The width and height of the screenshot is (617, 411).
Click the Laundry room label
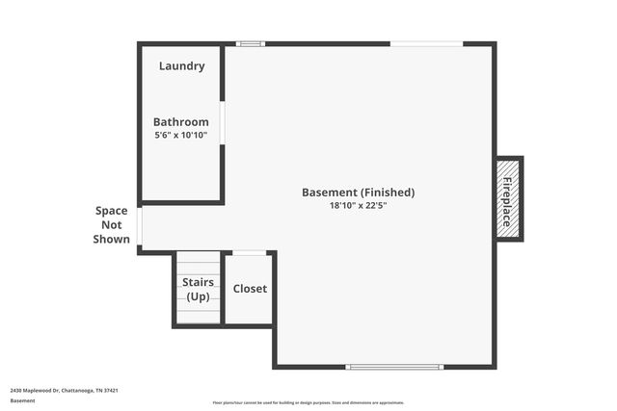pyautogui.click(x=181, y=66)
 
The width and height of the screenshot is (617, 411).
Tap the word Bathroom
pyautogui.click(x=181, y=122)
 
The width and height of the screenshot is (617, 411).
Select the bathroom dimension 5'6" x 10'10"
pyautogui.click(x=181, y=136)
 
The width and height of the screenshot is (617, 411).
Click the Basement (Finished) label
pyautogui.click(x=359, y=193)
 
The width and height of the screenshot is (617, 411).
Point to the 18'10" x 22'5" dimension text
pyautogui.click(x=359, y=206)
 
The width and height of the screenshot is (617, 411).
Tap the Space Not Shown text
pyautogui.click(x=112, y=224)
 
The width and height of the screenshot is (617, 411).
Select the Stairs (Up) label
pyautogui.click(x=198, y=289)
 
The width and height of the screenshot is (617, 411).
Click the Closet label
pyautogui.click(x=250, y=289)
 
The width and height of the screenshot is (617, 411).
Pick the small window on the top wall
pyautogui.click(x=251, y=43)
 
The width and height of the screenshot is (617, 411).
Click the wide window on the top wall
pyautogui.click(x=426, y=43)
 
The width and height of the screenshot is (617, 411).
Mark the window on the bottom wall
pyautogui.click(x=395, y=367)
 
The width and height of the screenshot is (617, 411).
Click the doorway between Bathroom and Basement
pyautogui.click(x=223, y=123)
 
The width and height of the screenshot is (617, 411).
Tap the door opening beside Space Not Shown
pyautogui.click(x=140, y=227)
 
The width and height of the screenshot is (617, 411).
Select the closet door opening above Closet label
pyautogui.click(x=250, y=253)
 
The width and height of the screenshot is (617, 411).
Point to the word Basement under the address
pyautogui.click(x=22, y=400)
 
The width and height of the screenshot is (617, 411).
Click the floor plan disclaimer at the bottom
pyautogui.click(x=308, y=402)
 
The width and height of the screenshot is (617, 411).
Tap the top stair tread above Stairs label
pyautogui.click(x=198, y=257)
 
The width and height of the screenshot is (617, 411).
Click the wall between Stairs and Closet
pyautogui.click(x=223, y=289)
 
